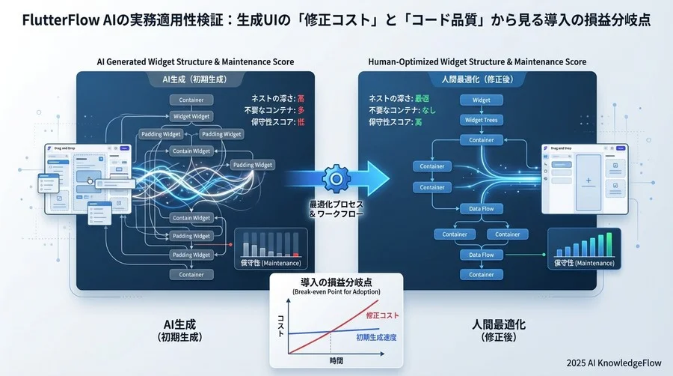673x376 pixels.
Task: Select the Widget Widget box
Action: pyautogui.click(x=191, y=116)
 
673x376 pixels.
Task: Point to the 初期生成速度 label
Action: pyautogui.click(x=377, y=338)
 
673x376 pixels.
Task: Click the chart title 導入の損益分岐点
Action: pyautogui.click(x=336, y=281)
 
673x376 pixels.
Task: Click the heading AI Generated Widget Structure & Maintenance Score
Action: pyautogui.click(x=195, y=61)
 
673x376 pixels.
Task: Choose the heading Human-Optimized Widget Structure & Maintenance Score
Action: pyautogui.click(x=477, y=61)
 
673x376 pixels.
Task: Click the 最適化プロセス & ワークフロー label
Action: pyautogui.click(x=336, y=209)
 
